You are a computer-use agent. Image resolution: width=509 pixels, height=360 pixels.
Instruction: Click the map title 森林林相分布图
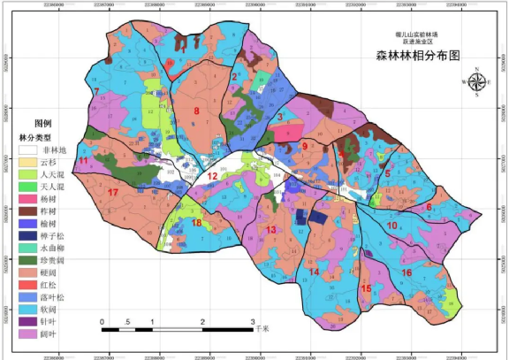418,55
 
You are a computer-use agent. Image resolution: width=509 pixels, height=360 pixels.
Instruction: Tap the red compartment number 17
112,192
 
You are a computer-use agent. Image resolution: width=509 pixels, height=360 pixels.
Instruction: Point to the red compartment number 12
212,176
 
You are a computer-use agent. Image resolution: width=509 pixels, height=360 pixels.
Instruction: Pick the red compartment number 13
271,231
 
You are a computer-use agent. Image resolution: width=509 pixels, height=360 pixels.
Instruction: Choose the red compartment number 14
314,272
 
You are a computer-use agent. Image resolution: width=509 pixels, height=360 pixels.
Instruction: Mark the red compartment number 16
406,272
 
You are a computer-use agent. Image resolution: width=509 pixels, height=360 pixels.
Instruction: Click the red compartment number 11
83,162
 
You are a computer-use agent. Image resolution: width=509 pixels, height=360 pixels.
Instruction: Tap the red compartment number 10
392,226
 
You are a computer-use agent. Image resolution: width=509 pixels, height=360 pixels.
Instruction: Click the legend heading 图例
42,123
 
